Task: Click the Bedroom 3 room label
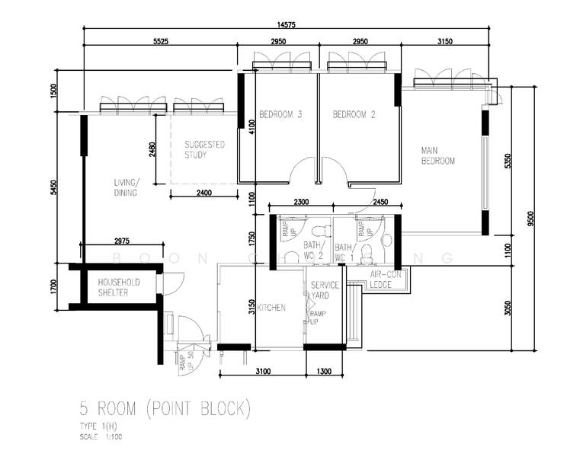(280, 115)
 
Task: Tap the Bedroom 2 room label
(354, 115)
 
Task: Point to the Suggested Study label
(205, 149)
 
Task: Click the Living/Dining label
(126, 187)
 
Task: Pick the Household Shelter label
(118, 287)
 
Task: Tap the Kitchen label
(271, 308)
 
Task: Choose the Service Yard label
(325, 289)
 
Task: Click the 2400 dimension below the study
(204, 193)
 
